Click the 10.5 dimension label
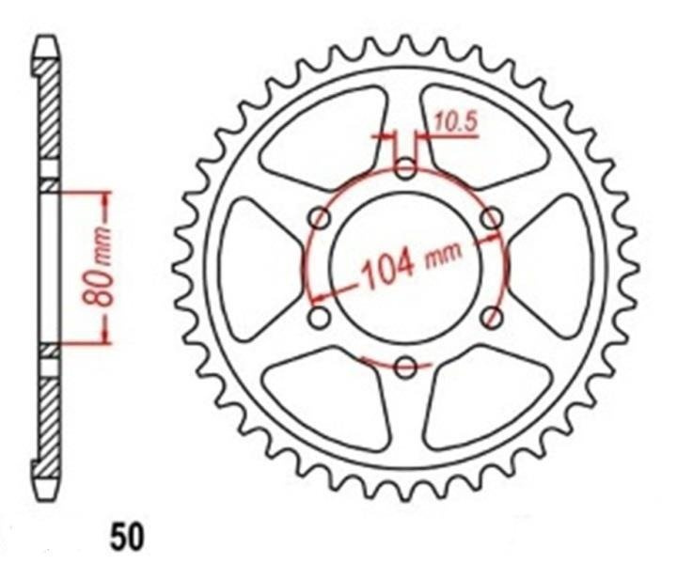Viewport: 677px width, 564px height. (x=455, y=122)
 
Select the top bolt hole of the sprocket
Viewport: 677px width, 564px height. (x=405, y=169)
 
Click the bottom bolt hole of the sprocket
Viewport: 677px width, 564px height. (x=405, y=368)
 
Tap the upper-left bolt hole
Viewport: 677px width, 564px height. (x=321, y=218)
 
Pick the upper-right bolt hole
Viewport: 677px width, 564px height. (x=492, y=218)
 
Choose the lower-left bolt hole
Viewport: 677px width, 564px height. (x=320, y=318)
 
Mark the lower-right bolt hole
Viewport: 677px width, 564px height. (x=492, y=318)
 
